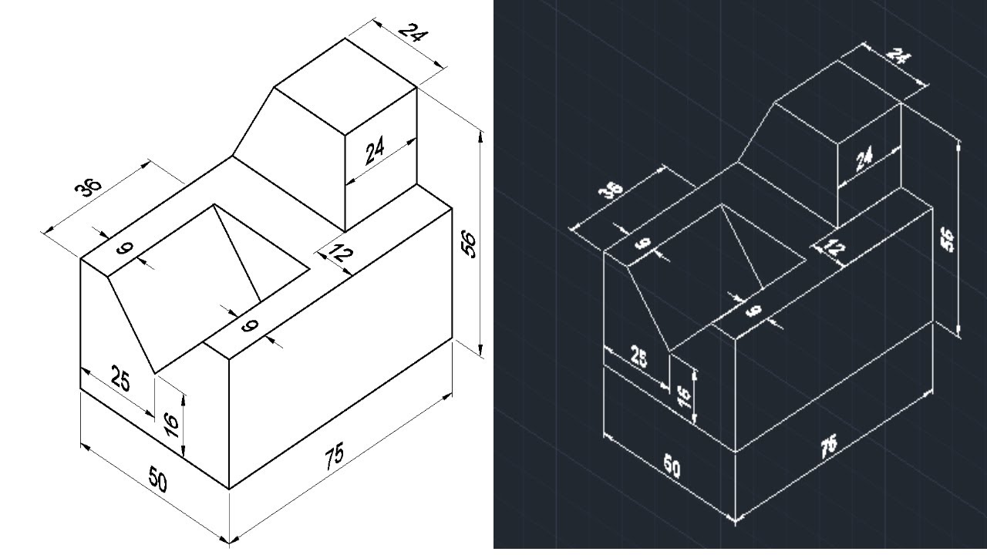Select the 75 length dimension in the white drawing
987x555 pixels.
coord(335,456)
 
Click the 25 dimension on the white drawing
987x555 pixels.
coord(120,379)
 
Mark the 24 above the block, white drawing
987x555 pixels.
coord(413,34)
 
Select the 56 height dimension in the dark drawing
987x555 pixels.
coord(948,239)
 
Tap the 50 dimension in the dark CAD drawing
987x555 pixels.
coord(672,468)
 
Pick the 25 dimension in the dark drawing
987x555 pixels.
coord(638,357)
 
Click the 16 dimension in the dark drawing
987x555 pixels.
coord(684,398)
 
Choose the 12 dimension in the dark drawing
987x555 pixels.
coord(833,247)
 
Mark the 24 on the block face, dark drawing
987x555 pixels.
coord(864,160)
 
